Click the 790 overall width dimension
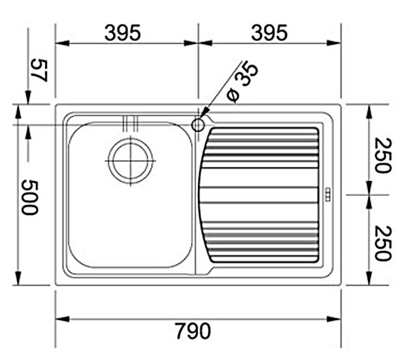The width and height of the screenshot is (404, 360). [193, 331]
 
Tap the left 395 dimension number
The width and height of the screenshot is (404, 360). [122, 33]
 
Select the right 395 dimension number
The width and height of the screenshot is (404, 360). [269, 33]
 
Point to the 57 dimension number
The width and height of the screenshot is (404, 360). [39, 70]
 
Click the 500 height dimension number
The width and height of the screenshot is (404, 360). [29, 197]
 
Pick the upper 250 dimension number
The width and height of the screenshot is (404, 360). [383, 156]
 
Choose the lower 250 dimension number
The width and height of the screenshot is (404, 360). [383, 243]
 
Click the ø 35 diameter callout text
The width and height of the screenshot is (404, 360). [242, 82]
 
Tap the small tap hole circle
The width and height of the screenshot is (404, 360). [198, 125]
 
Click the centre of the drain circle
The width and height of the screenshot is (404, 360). [131, 161]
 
